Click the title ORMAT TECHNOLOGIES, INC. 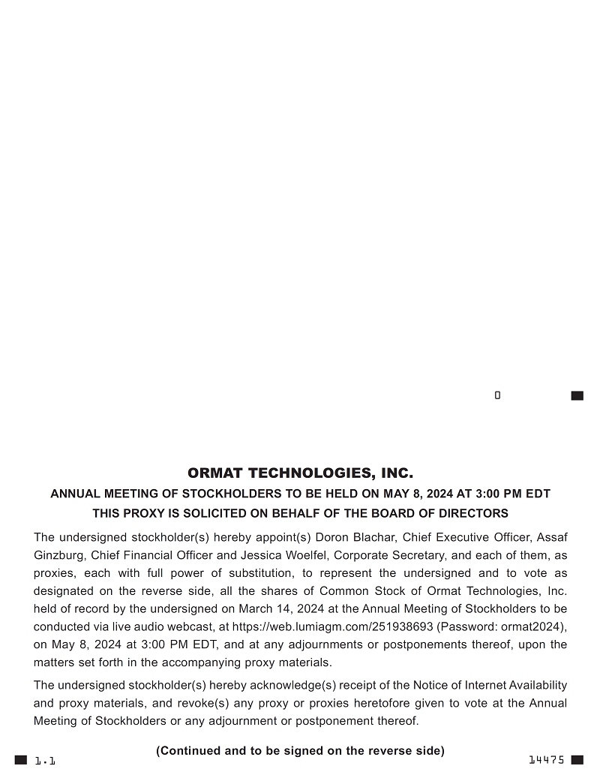pos(300,473)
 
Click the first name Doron pos(331,537)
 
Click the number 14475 pos(547,760)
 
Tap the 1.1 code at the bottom pos(45,761)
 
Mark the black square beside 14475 pos(577,760)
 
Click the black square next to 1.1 pos(21,760)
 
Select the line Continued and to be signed pos(300,750)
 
